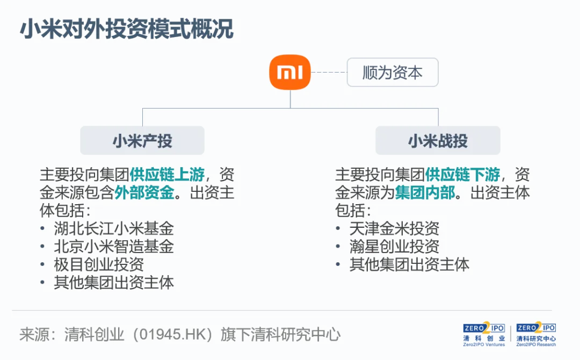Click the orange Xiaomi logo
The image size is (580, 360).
coord(290,72)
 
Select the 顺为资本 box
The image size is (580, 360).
coord(393,73)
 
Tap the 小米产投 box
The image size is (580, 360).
coord(142,141)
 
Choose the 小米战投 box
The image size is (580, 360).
coord(438,141)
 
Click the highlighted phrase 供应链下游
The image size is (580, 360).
coord(462,175)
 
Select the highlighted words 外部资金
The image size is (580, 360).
coord(144,192)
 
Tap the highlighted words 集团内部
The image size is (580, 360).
coord(425,192)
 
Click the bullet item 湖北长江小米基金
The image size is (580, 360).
coord(114,228)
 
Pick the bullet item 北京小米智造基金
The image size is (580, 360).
coord(114,246)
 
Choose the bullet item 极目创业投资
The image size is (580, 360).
coord(99,264)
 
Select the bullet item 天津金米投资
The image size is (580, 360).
coord(394,228)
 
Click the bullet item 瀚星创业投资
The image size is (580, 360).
coord(394,246)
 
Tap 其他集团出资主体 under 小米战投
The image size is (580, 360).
coord(409,264)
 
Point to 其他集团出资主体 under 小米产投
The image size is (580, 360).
coord(114,283)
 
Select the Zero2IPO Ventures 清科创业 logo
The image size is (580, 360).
coord(484,334)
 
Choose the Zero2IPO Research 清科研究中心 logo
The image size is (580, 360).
coord(536,334)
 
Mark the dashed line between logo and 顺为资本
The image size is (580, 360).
coord(329,72)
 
